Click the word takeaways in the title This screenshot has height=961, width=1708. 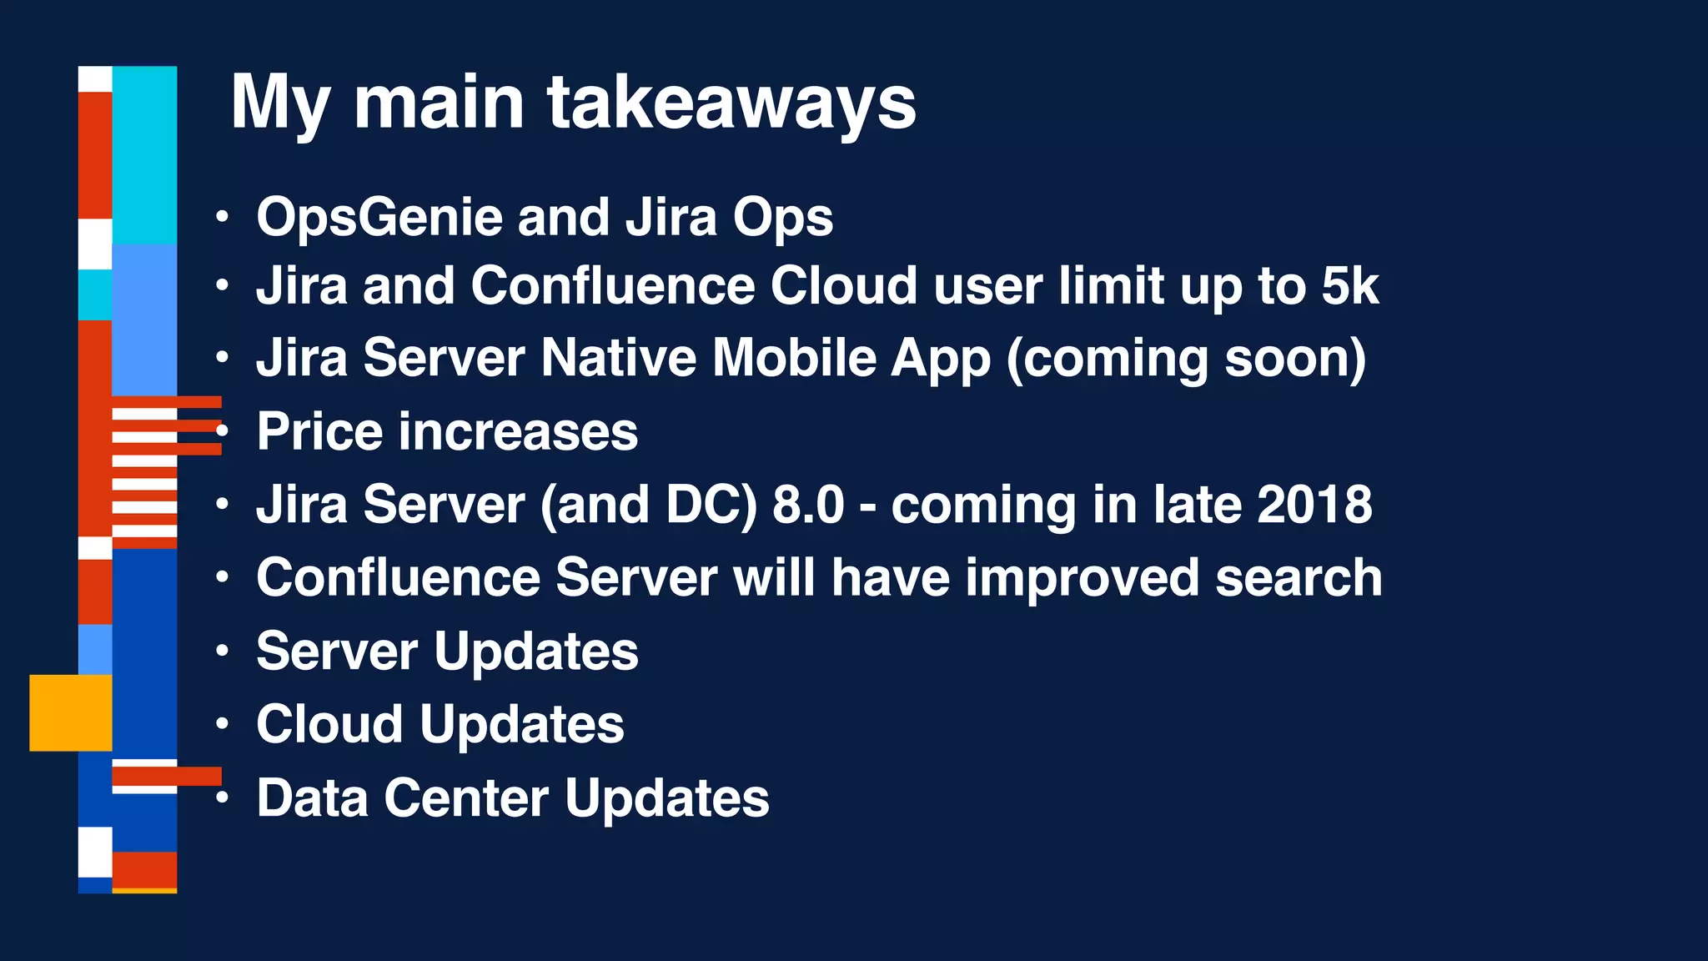731,103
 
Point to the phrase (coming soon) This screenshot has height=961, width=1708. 1186,360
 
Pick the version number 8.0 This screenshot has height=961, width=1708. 808,505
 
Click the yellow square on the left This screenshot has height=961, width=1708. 71,712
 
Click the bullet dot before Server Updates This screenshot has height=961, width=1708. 221,651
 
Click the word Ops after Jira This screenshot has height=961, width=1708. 782,219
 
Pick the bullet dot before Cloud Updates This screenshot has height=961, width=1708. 221,723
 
